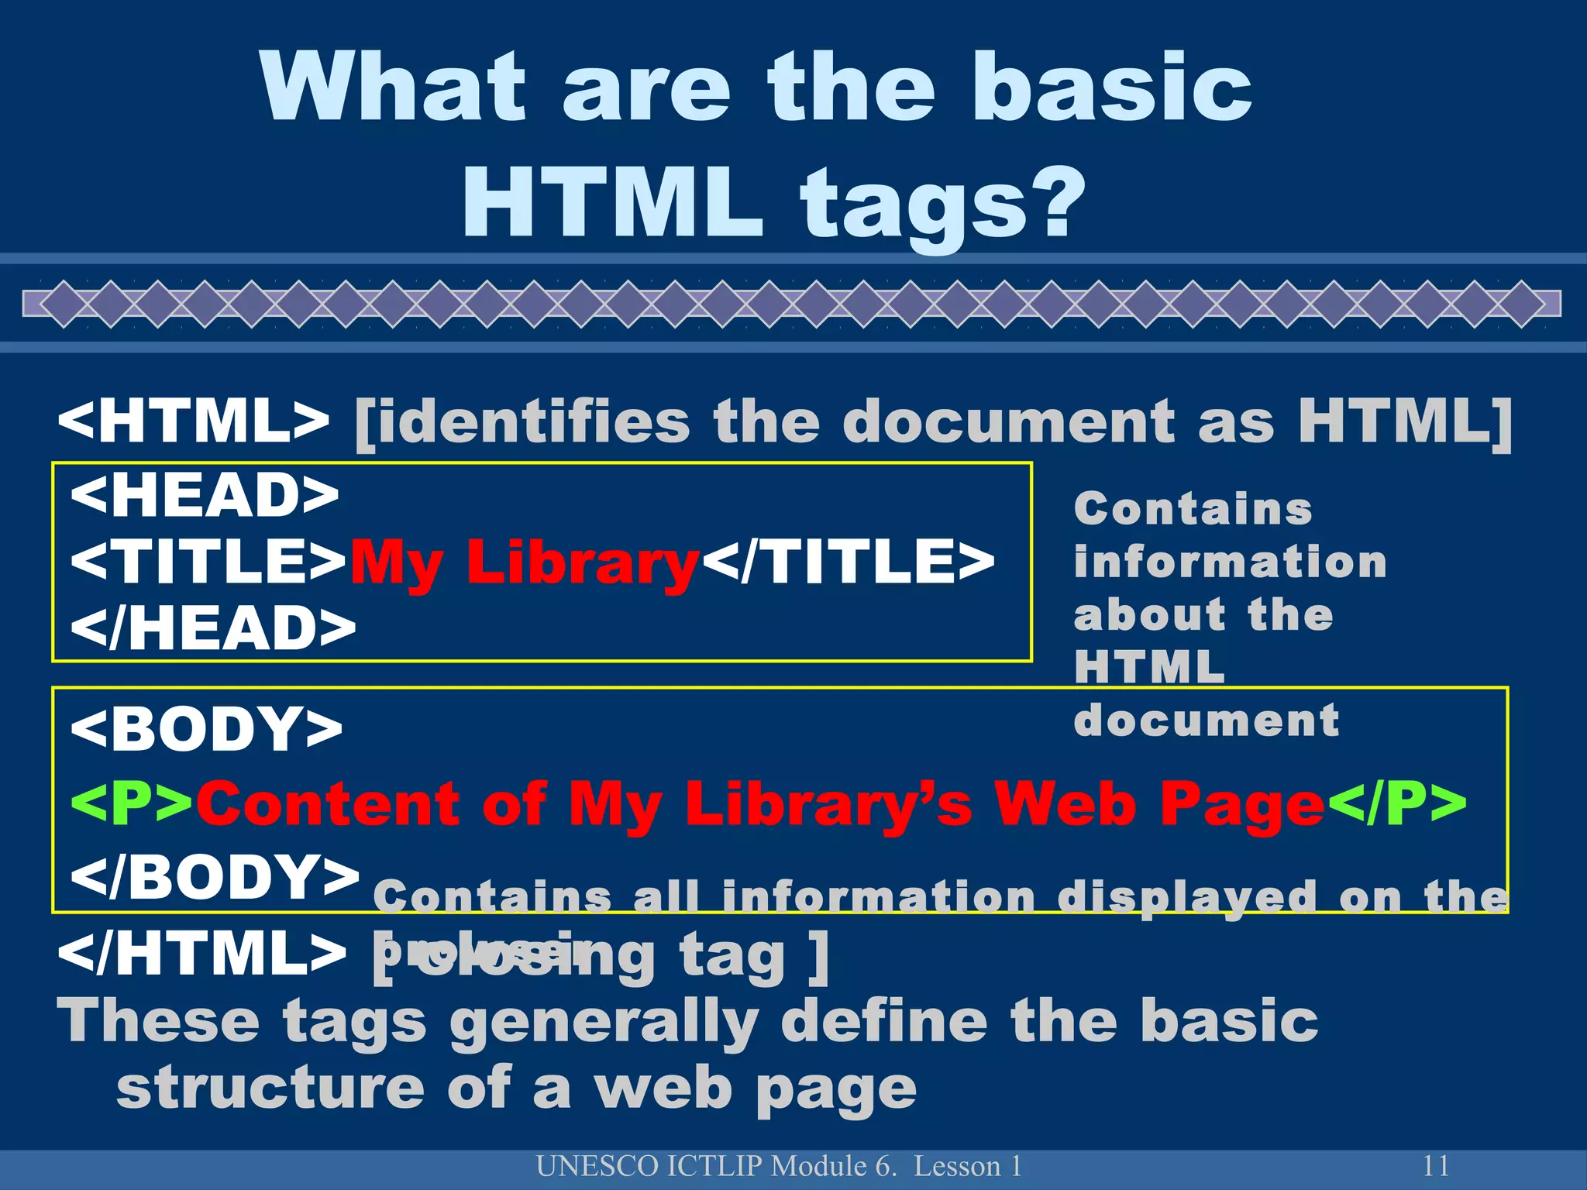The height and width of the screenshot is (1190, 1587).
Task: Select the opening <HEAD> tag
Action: (x=205, y=496)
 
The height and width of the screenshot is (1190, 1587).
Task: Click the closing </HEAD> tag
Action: (x=213, y=628)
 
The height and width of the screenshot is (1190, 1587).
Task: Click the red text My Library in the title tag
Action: (x=525, y=563)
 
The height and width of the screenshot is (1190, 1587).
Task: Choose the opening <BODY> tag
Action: (x=206, y=728)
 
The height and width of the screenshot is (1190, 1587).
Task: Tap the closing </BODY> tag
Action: (x=215, y=875)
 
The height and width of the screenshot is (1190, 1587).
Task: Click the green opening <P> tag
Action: (x=132, y=803)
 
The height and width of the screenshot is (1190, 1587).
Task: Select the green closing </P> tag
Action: (x=1397, y=803)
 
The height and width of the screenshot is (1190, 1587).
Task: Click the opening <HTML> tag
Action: (x=194, y=421)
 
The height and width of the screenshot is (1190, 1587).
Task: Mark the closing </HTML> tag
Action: (x=201, y=954)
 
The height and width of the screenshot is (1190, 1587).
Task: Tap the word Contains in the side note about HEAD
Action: (x=1193, y=509)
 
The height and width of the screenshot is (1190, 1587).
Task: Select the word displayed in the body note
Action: (x=1186, y=897)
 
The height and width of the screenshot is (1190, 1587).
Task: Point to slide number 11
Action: (x=1435, y=1166)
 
